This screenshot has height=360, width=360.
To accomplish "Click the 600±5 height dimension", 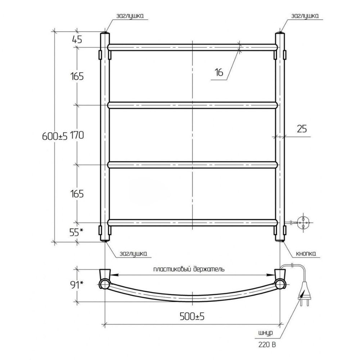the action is point(55,136).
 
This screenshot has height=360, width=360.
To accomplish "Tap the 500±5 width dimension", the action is point(192,317).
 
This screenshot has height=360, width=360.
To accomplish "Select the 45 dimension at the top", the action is point(77,40).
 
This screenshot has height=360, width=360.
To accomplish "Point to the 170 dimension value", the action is point(77,135).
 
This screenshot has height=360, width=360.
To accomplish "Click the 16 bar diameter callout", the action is point(219,72).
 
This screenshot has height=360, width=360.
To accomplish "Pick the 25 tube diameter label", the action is point(302,129).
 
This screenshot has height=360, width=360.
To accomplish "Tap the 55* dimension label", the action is point(76,232).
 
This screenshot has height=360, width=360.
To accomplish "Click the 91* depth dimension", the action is point(76,285).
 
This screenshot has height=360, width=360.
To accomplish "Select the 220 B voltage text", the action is point(267,345).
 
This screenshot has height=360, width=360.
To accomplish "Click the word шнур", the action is point(265,333).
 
